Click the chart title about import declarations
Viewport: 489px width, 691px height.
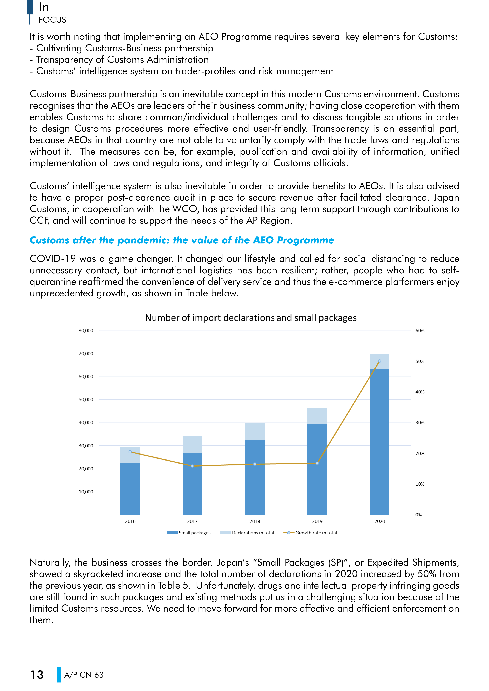(x=251, y=318)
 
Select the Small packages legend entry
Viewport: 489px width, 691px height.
(x=189, y=533)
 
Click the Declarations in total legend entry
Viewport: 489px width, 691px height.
(x=247, y=533)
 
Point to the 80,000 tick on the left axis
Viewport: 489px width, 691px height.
(x=86, y=330)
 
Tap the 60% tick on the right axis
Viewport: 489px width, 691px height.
(x=420, y=330)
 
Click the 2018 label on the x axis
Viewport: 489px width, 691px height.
(x=255, y=521)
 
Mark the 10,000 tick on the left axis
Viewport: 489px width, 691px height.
(x=86, y=492)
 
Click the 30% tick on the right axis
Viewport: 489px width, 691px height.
(x=420, y=423)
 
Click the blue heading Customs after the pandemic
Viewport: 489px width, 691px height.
(x=182, y=240)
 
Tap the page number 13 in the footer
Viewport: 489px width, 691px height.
(x=37, y=675)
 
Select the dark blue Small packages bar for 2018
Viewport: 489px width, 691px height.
(x=255, y=477)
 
